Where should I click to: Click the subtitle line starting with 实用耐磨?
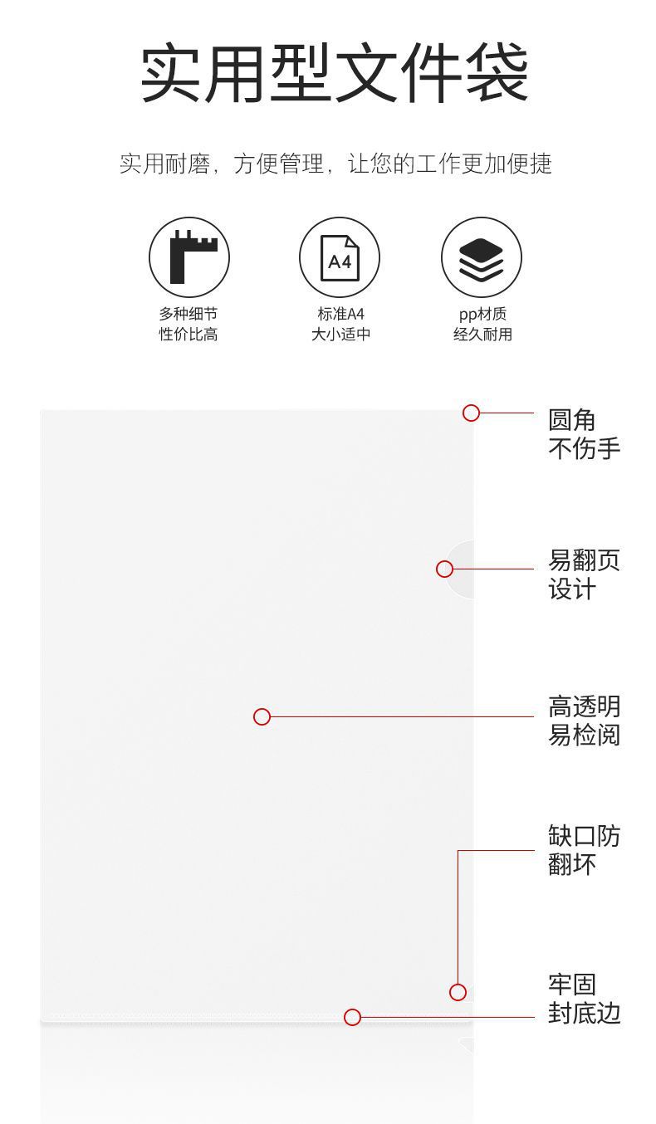[335, 164]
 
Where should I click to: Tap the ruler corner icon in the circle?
[189, 257]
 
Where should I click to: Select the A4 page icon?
[340, 257]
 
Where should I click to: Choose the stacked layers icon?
[482, 257]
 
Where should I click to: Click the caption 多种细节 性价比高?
[188, 324]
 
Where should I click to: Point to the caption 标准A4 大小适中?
[340, 324]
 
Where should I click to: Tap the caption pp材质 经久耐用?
[482, 324]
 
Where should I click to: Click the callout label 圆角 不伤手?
[584, 434]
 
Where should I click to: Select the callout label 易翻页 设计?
[584, 574]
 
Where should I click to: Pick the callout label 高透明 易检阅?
[584, 721]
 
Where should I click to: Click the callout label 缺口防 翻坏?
[584, 850]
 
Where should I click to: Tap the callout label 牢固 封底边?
[584, 999]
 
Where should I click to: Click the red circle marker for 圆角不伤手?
[471, 413]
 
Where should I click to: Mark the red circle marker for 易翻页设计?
[444, 569]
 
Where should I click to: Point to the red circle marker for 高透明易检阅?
[262, 716]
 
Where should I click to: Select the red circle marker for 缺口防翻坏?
[458, 992]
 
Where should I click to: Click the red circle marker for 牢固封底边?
[352, 1017]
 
